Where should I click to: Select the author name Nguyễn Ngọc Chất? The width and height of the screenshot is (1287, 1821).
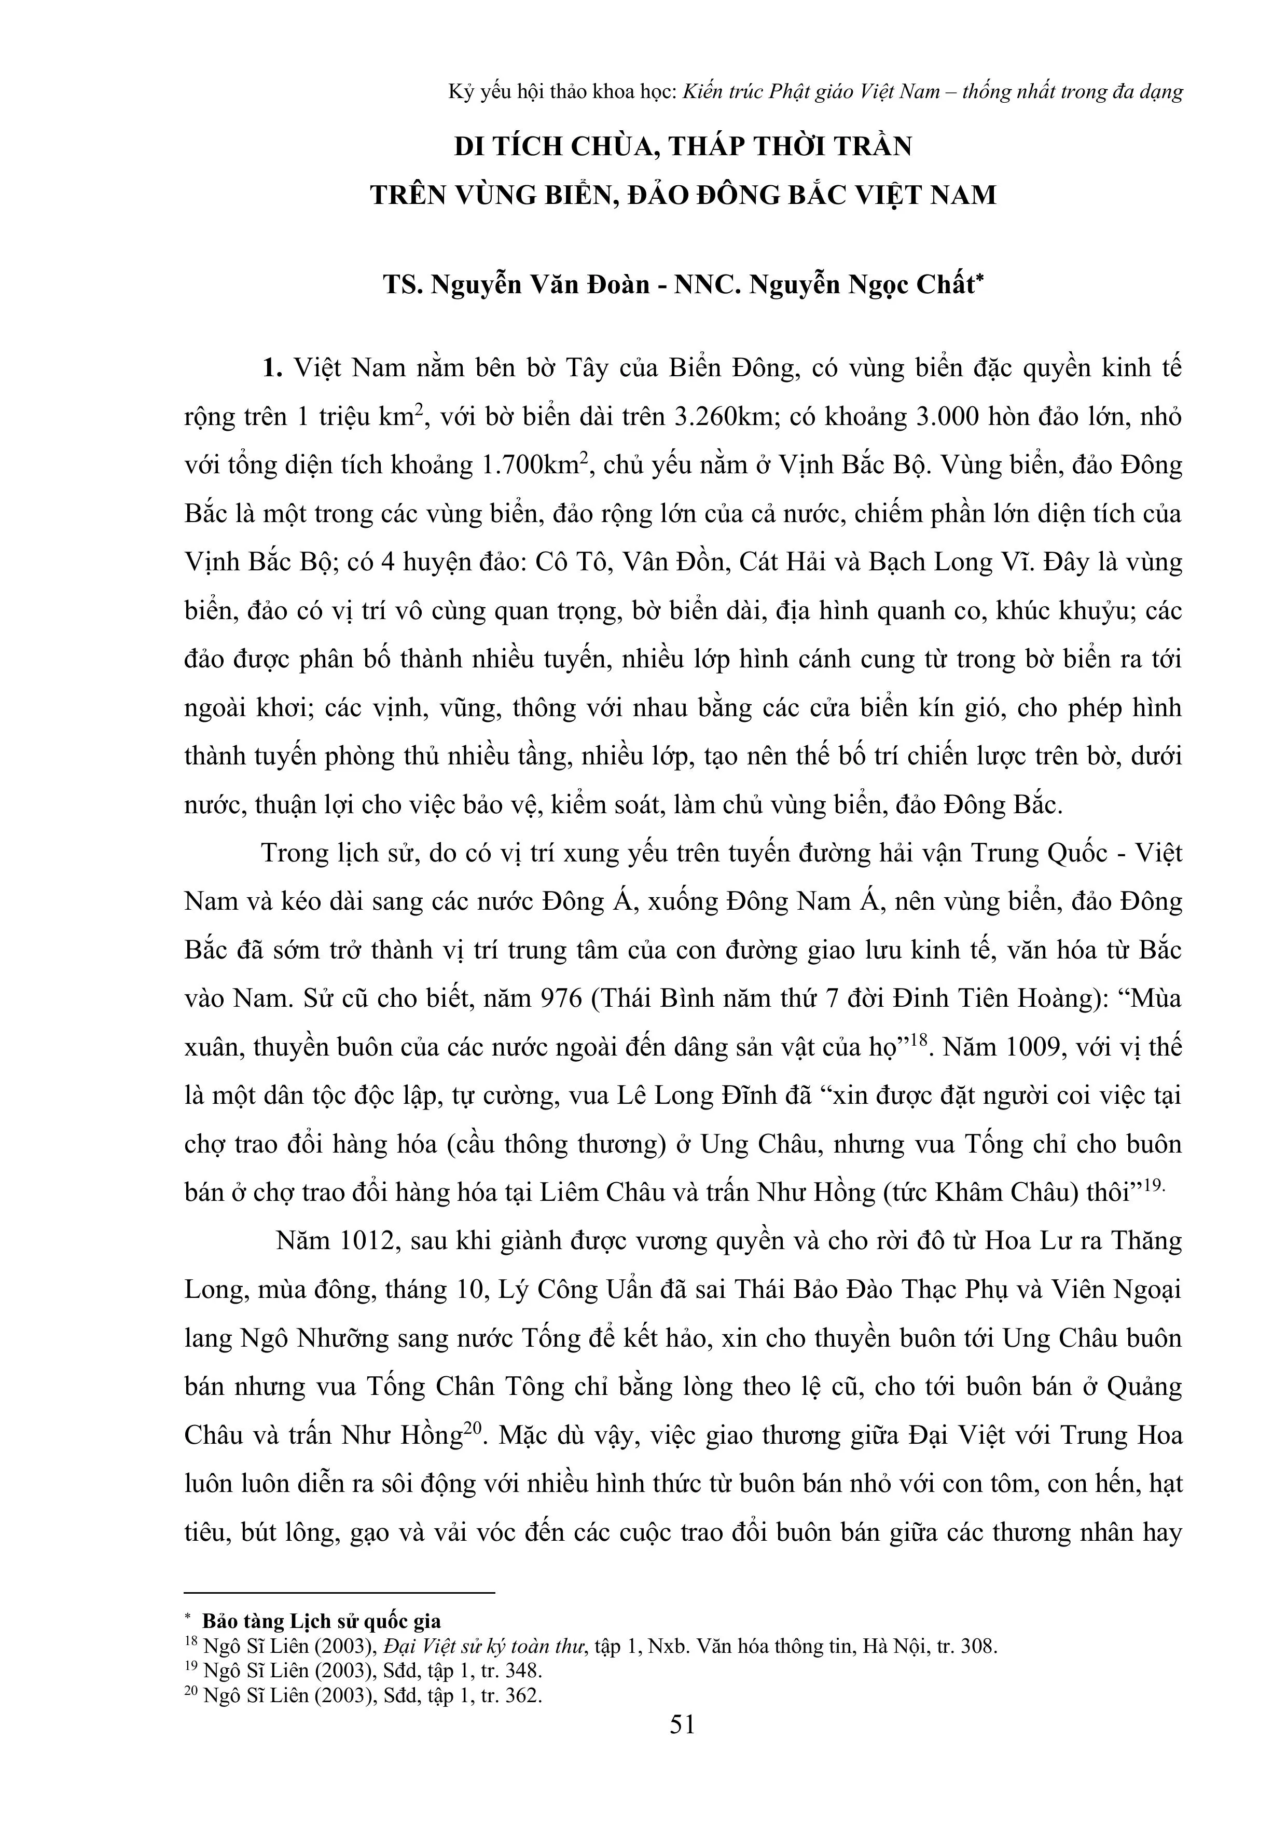[861, 284]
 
